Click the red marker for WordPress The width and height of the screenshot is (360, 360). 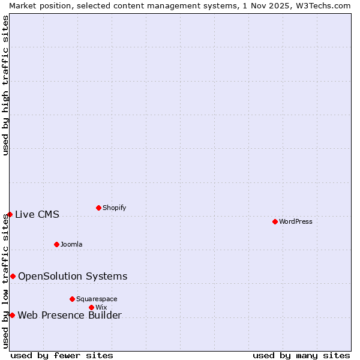pos(275,221)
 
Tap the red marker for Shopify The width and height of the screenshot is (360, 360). pos(98,208)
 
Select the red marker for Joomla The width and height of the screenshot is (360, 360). pos(56,244)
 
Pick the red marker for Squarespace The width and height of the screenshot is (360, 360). pos(72,299)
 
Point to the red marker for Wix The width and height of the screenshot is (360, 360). pos(91,307)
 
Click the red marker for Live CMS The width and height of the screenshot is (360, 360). pos(10,214)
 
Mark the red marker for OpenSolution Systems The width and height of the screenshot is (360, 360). pos(13,276)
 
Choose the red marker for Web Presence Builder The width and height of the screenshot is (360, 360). pos(12,315)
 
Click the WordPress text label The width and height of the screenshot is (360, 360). pos(296,221)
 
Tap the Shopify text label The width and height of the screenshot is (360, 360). pos(114,208)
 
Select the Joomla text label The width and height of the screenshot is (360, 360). pos(71,244)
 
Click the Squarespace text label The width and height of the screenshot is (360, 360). pos(97,299)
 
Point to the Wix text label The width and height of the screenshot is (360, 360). pos(101,307)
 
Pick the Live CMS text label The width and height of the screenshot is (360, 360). pos(37,214)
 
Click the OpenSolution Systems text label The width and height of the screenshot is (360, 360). pos(73,276)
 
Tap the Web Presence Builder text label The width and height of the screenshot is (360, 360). pos(70,316)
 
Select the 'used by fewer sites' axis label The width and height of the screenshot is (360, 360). pos(62,355)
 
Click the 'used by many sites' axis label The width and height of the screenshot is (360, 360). pos(301,355)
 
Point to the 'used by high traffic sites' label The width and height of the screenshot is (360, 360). pos(5,85)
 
